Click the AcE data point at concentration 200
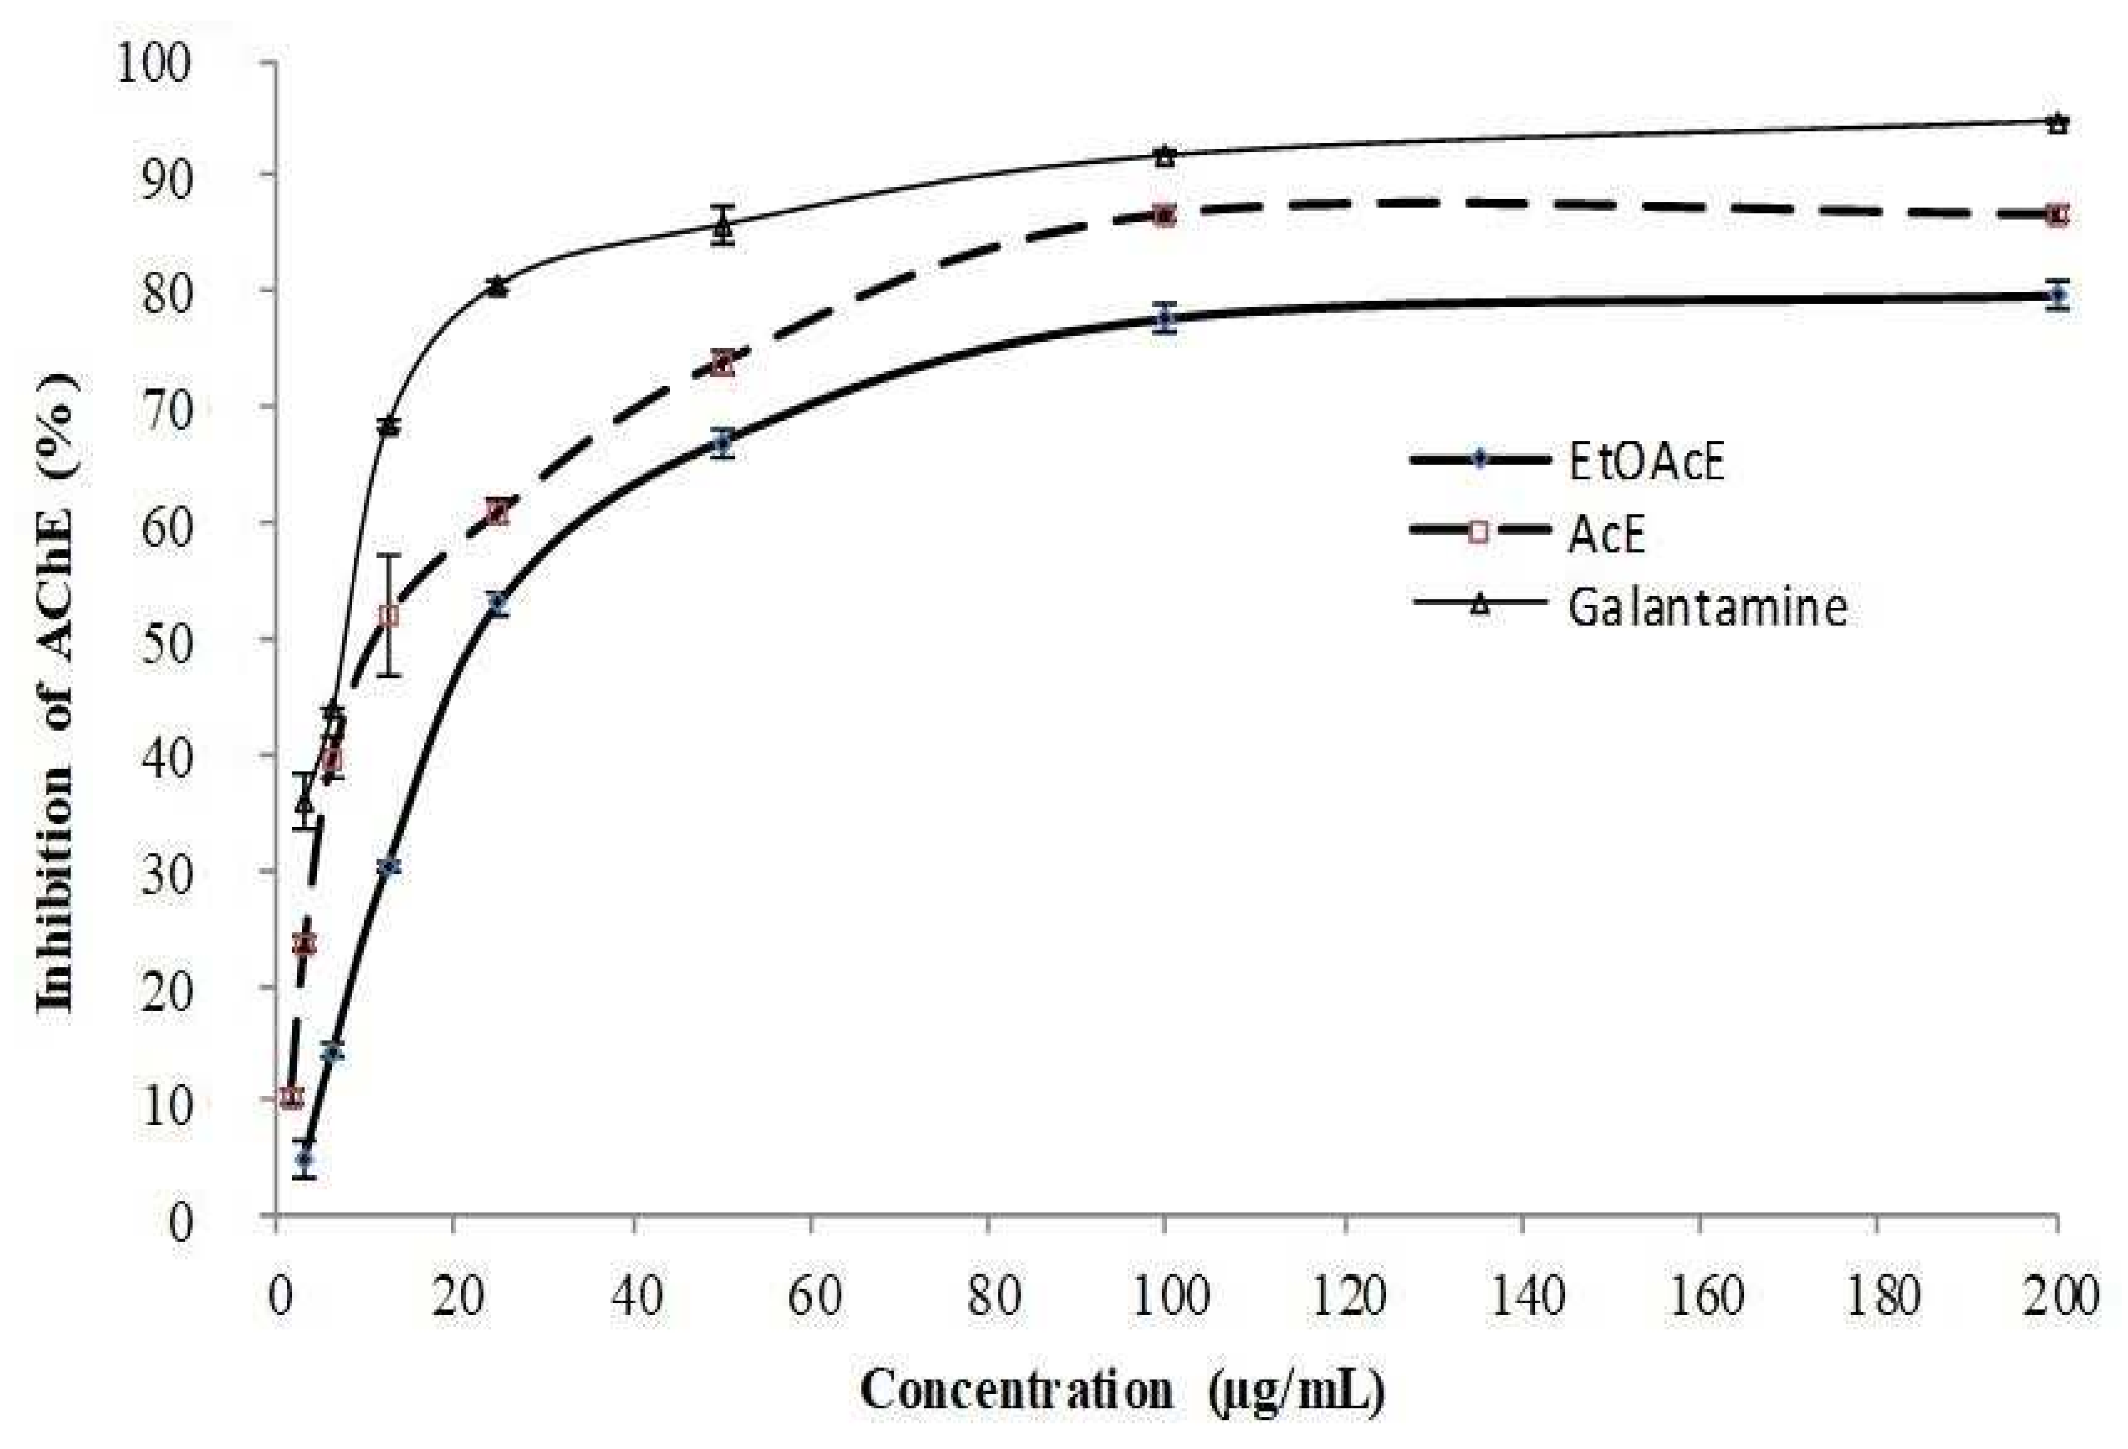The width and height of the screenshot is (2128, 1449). click(2057, 214)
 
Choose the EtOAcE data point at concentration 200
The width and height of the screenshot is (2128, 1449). click(2057, 296)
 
